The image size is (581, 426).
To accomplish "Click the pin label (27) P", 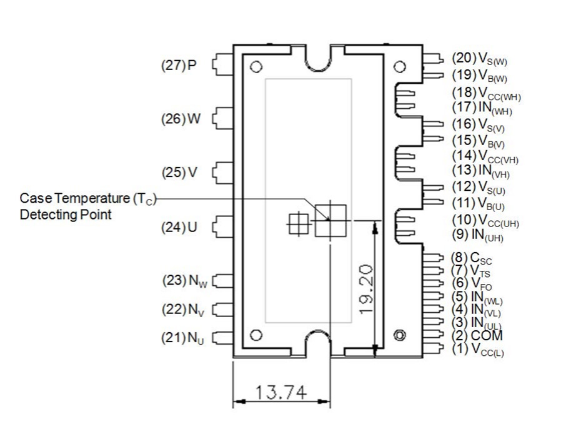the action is (x=179, y=65).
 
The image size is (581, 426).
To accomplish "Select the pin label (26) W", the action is (x=181, y=119).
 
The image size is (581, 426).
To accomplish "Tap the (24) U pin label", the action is (x=179, y=227).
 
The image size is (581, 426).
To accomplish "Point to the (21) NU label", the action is (x=182, y=338).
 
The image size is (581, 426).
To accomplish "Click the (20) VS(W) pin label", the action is (x=479, y=59).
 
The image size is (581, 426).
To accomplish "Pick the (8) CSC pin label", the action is (x=471, y=258).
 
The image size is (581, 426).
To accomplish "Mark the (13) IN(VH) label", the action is (x=481, y=171).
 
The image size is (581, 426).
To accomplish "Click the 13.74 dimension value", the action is (x=281, y=392).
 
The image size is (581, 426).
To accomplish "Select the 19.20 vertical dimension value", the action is (x=367, y=289).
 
